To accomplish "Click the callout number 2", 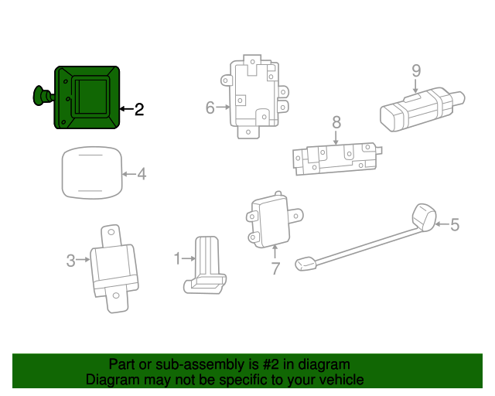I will (139, 110).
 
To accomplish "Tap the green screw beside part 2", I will (41, 95).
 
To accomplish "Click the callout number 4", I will (141, 175).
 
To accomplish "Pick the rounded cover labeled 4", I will (92, 173).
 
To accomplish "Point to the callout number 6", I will (210, 108).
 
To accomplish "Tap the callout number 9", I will (416, 71).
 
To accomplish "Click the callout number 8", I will (336, 122).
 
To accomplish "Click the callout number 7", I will (275, 268).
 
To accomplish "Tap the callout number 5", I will (454, 225).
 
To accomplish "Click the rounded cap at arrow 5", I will (424, 217).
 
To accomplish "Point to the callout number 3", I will (70, 261).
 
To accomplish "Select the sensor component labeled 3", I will (114, 268).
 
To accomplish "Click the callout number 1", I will (176, 258).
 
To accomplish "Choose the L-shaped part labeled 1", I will (206, 266).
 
